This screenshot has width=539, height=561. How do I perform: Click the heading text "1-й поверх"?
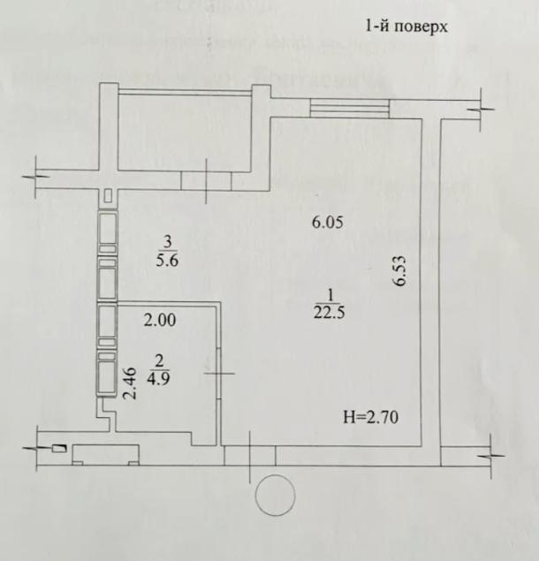coord(406,27)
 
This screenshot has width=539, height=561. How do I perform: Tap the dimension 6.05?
coord(328,223)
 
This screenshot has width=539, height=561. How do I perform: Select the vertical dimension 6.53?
coord(399,270)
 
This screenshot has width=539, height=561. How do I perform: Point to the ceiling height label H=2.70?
coord(371,417)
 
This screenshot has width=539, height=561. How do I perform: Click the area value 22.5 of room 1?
coord(330,313)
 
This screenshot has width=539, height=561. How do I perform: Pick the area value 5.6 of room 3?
coord(167,260)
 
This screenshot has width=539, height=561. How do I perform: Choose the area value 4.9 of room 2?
coord(158,378)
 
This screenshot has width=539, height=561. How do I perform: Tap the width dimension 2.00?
coord(160,320)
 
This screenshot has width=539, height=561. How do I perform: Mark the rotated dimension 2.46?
coord(130,383)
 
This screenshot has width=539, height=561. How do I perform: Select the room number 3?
coord(168,243)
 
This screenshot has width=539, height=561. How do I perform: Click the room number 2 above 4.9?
coord(158,360)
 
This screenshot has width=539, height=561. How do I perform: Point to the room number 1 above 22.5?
coord(330,296)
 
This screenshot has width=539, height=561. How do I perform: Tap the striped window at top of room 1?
coord(350,109)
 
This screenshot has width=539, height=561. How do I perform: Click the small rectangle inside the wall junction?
coord(108,196)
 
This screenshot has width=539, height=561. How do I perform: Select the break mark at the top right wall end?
coord(482,110)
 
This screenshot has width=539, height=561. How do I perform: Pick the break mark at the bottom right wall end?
coord(491,456)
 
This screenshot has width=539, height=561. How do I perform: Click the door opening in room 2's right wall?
coord(219,373)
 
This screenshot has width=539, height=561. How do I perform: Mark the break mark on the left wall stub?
coord(35,177)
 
